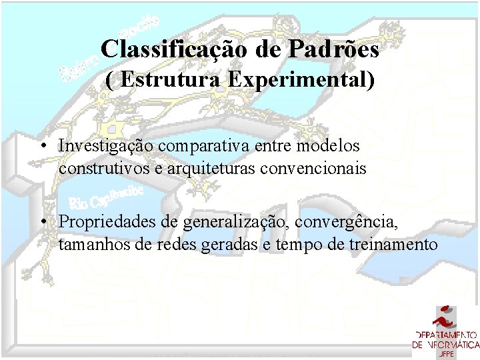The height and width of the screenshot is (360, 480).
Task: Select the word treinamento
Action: point(393,245)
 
